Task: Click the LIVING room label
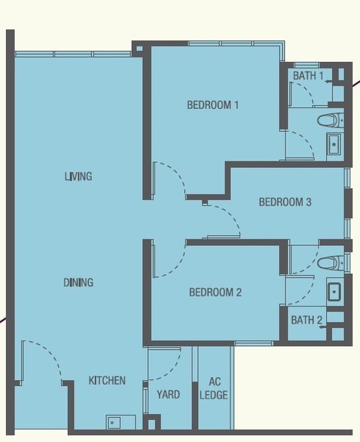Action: [78, 177]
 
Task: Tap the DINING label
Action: [78, 282]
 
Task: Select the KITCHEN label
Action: [107, 381]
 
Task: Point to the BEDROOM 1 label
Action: [213, 105]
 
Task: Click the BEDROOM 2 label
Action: [215, 292]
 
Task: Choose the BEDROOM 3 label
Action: [285, 202]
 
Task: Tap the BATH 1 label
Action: [308, 76]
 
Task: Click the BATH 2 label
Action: [306, 320]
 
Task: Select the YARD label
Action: [168, 394]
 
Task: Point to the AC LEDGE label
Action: [213, 388]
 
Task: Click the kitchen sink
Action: [121, 422]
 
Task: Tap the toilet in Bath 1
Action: [331, 120]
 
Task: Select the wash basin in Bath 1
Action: [335, 144]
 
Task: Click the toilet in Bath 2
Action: [331, 263]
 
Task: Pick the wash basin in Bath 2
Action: [335, 292]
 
